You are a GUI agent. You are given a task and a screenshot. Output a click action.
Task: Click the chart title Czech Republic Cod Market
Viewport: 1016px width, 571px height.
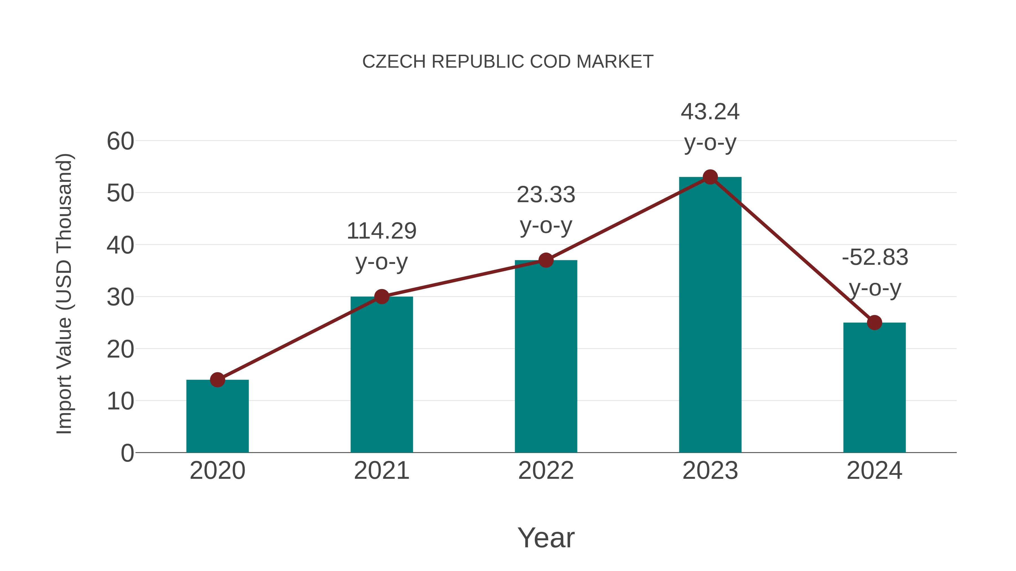[x=508, y=62]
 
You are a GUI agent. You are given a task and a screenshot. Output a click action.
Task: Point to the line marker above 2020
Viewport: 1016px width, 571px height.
[x=217, y=380]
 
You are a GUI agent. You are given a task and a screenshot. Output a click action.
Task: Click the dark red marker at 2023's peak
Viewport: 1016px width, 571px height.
[x=710, y=177]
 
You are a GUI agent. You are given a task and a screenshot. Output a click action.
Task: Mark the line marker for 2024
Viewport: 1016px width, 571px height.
[x=874, y=323]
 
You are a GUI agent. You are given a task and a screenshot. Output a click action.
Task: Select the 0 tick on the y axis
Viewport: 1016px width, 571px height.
[x=127, y=453]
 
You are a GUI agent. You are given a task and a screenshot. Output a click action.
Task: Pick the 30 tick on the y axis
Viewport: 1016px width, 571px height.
[x=120, y=297]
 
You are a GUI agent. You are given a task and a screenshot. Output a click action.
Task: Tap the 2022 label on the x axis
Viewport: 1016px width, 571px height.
[x=546, y=471]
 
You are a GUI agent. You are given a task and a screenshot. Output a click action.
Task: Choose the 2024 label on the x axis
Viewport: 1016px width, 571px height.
[x=874, y=471]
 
